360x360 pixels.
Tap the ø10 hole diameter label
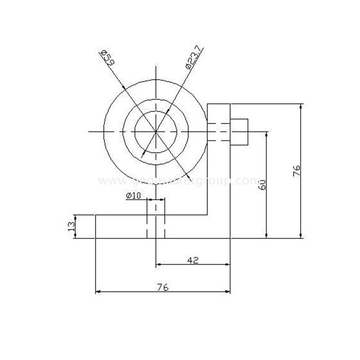point(134,195)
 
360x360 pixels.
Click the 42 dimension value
point(193,260)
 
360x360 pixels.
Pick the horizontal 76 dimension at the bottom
point(163,287)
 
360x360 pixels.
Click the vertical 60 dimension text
point(263,184)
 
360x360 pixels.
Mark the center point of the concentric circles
point(156,132)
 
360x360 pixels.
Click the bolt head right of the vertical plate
point(239,132)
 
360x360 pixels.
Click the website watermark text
point(180,181)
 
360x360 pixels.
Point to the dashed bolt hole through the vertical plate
point(219,132)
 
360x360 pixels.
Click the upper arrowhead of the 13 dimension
point(76,217)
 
